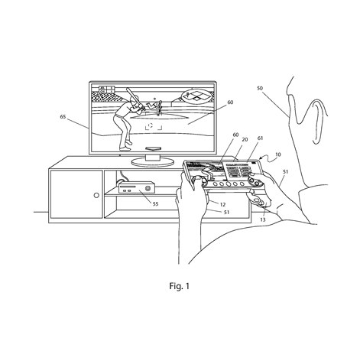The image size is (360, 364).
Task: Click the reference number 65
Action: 63,117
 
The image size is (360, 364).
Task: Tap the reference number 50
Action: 260,88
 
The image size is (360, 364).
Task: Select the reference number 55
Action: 155,204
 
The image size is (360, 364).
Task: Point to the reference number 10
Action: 278,154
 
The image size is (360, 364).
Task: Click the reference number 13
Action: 263,219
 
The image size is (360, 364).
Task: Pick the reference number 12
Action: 222,204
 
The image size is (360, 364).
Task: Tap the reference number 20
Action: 245,139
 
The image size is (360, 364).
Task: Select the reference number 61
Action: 260,138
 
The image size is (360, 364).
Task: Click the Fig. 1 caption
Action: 180,286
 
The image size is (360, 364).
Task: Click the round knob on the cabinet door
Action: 96,196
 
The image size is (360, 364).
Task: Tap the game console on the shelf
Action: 137,187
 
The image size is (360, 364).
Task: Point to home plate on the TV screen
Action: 153,148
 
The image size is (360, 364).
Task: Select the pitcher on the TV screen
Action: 155,106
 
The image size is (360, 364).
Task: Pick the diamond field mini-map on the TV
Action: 197,96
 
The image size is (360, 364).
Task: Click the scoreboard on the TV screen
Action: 106,89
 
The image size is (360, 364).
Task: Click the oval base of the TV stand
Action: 153,161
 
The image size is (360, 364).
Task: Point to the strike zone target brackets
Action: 154,126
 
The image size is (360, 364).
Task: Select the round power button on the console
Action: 148,188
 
